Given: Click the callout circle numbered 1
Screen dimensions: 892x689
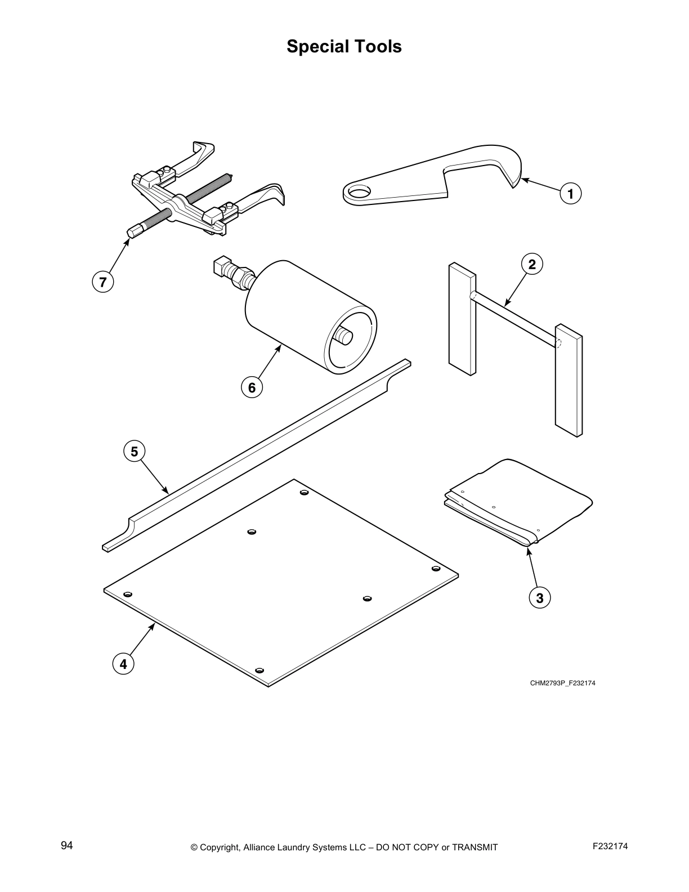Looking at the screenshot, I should pyautogui.click(x=570, y=194).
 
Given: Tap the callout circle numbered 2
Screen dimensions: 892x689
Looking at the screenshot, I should pyautogui.click(x=532, y=264).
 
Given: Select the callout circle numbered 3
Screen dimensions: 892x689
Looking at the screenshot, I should pyautogui.click(x=540, y=598).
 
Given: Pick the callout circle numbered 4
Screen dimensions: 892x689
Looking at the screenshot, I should pyautogui.click(x=123, y=664).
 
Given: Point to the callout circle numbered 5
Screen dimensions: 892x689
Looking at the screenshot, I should pyautogui.click(x=134, y=452).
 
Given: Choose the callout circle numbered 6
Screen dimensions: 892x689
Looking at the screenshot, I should pyautogui.click(x=252, y=387).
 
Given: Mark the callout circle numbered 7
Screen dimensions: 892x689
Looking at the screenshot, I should pyautogui.click(x=102, y=282).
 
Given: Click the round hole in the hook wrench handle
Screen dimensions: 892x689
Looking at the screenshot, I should pyautogui.click(x=359, y=192).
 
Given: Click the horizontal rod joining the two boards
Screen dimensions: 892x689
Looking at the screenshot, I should pyautogui.click(x=515, y=318).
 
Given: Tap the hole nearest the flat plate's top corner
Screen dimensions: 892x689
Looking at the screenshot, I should pyautogui.click(x=304, y=493).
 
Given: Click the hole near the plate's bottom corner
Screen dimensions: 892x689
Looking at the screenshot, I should pyautogui.click(x=260, y=670).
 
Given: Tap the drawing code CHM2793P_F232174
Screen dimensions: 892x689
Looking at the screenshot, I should pyautogui.click(x=562, y=683).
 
